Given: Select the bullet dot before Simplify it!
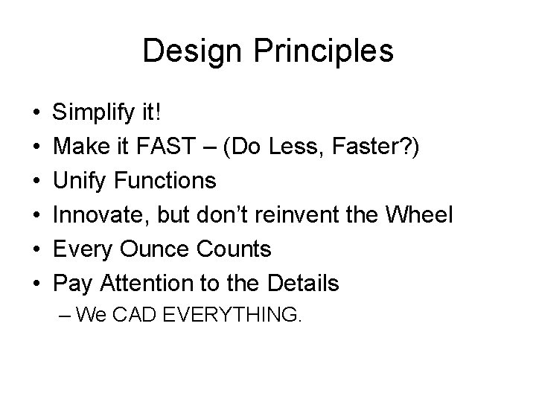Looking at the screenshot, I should tap(36, 114).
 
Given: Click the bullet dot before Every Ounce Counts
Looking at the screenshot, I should tap(36, 249).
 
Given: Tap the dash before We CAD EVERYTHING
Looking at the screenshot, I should tap(65, 315).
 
